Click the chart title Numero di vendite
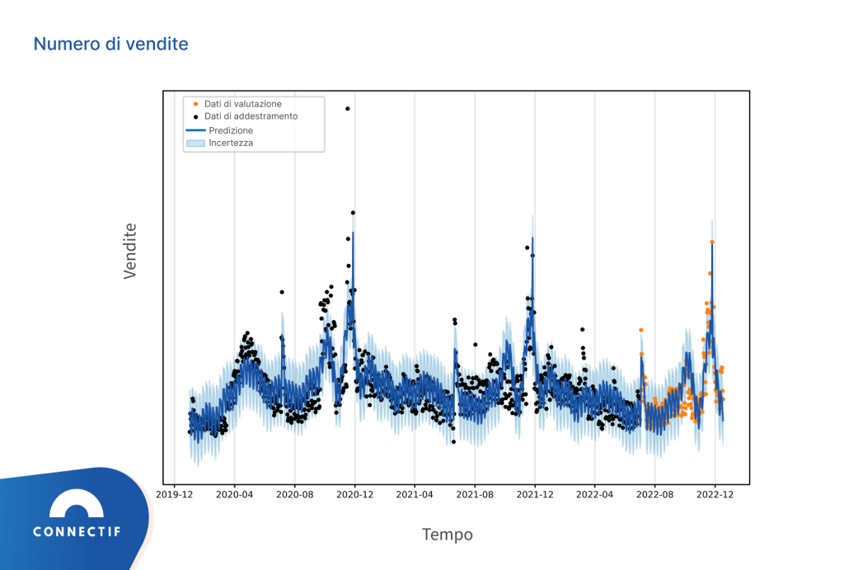point(110,44)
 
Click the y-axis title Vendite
point(130,251)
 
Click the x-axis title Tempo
point(448,535)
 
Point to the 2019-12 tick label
point(175,495)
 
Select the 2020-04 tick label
point(235,495)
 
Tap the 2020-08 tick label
point(295,495)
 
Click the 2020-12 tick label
point(355,495)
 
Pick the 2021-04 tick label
point(415,495)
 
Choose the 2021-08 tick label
point(475,495)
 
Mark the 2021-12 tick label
point(535,495)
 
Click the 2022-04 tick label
point(595,495)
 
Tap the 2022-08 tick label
point(655,495)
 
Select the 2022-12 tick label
point(715,495)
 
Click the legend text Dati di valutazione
point(243,104)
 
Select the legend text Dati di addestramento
point(251,116)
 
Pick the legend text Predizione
point(231,130)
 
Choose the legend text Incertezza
point(231,143)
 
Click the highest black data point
point(348,108)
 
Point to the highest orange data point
point(712,242)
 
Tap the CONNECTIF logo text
point(77,532)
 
